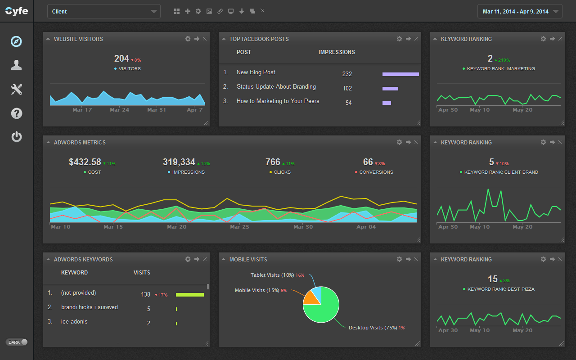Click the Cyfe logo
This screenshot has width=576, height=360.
(17, 11)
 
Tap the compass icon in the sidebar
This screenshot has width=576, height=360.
(16, 41)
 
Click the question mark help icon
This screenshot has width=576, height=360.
(17, 113)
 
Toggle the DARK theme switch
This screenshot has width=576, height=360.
(17, 342)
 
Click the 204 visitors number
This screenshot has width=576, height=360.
(121, 58)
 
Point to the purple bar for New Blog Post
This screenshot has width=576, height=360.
(400, 74)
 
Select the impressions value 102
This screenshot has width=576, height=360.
(347, 89)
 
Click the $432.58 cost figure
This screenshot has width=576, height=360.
(85, 162)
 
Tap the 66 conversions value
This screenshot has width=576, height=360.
(368, 162)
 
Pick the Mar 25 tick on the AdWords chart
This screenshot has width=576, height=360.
(239, 227)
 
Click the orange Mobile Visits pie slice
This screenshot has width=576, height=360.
(312, 298)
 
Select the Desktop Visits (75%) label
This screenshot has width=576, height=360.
(373, 328)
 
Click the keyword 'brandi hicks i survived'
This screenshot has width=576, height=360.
(89, 307)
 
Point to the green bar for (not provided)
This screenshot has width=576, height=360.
(190, 295)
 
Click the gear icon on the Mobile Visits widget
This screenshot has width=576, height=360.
(399, 259)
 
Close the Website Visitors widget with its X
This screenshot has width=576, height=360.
(205, 39)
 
